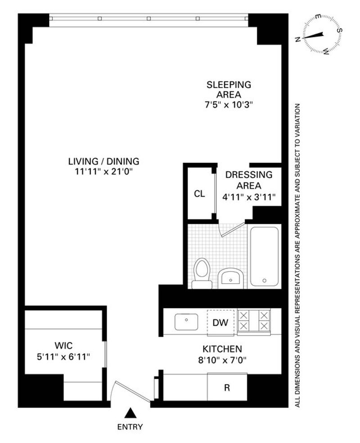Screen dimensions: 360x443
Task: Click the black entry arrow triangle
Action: (130, 413)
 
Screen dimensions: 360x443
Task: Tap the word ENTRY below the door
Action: (130, 427)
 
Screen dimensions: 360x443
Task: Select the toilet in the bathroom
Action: (202, 273)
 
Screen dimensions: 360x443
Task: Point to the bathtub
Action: (264, 256)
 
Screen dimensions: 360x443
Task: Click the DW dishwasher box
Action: (220, 322)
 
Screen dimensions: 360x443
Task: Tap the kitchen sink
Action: (186, 322)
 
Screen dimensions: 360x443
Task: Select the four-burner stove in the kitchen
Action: (254, 322)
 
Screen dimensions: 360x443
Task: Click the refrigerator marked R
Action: (227, 387)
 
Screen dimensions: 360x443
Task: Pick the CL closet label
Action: (199, 194)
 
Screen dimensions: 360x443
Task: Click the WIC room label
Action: (63, 345)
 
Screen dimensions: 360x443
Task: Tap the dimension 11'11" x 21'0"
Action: (103, 172)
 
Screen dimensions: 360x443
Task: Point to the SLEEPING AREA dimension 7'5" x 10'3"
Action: (229, 105)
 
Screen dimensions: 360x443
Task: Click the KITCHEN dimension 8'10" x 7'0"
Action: (222, 360)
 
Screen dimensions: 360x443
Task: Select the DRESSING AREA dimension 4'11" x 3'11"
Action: (249, 197)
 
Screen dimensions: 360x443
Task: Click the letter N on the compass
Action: (297, 40)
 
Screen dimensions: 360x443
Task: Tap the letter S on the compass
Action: (341, 30)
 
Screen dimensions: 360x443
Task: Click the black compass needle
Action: (313, 36)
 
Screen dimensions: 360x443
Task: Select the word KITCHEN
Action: (222, 349)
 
